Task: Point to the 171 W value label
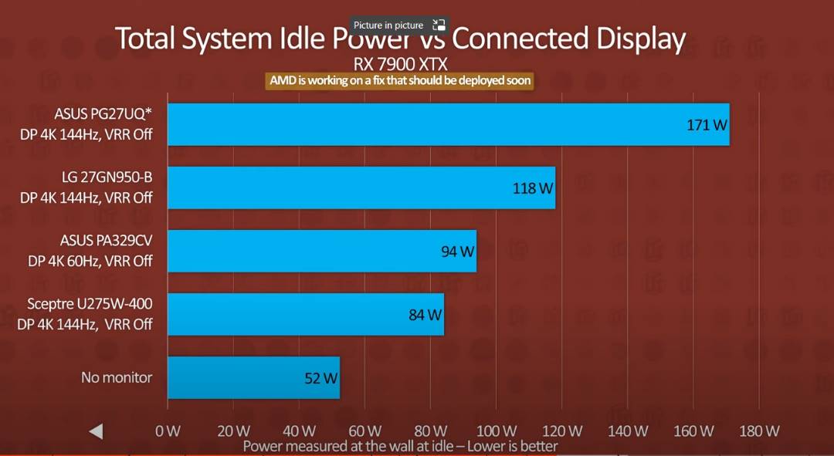(707, 124)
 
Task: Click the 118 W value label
(533, 187)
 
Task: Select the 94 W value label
(457, 252)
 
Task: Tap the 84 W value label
(425, 315)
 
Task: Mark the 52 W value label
(320, 378)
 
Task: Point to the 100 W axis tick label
(497, 431)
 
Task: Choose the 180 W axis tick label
(760, 431)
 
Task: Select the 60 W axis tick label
(365, 431)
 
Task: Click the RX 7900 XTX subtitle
(401, 63)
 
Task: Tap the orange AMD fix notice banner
(400, 80)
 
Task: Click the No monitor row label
(117, 377)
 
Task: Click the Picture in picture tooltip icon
(439, 25)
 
